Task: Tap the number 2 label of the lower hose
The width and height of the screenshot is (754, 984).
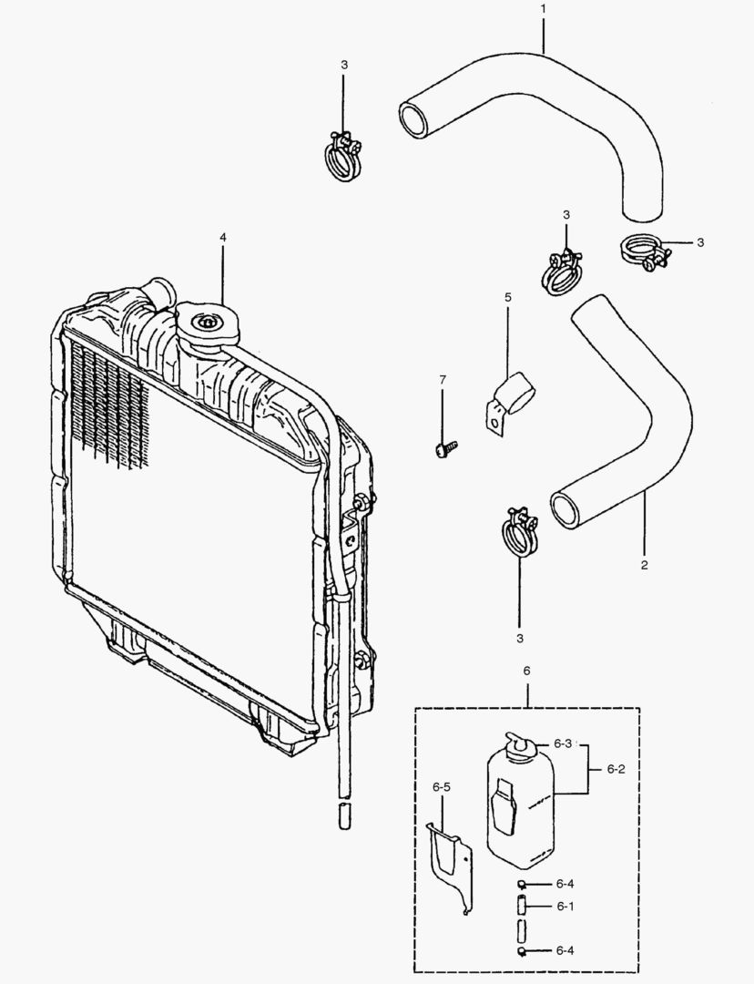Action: click(x=644, y=566)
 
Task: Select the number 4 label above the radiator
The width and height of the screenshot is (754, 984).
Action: click(x=222, y=237)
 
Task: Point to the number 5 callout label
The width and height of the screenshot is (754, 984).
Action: click(x=508, y=297)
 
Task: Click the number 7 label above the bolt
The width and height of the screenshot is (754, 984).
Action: click(x=443, y=378)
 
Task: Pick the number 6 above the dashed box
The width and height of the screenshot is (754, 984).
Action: click(x=526, y=671)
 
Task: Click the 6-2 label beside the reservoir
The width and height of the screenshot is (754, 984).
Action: click(x=616, y=769)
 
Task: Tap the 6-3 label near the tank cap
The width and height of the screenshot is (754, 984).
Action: click(x=563, y=743)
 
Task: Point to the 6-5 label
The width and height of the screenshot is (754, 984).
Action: click(x=442, y=785)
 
